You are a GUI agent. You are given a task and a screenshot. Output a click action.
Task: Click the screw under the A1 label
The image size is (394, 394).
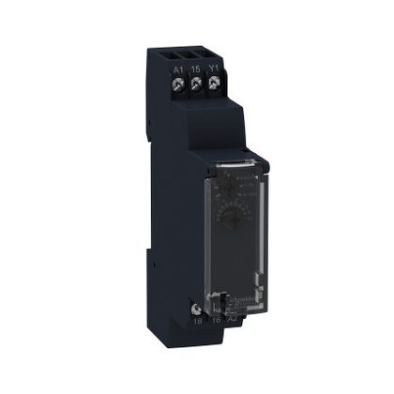coord(179,83)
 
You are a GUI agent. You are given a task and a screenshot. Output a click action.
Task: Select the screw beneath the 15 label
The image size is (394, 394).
coord(197,83)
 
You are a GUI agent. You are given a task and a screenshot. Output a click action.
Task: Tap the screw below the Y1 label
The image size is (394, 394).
coord(215,83)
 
